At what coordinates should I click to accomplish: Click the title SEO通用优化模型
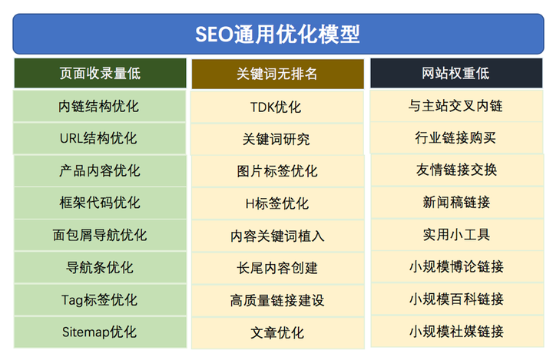276,35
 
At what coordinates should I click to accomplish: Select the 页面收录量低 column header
100,74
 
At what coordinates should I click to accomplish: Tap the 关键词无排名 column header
277,74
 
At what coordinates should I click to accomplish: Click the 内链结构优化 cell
100,106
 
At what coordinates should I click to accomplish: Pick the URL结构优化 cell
100,139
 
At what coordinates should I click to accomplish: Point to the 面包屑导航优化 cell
100,235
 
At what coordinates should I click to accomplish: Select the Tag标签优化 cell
100,299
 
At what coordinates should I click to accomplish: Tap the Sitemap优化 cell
100,332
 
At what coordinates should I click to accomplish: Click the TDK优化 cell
277,107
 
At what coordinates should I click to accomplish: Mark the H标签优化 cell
277,203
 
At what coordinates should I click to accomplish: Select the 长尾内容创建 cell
277,268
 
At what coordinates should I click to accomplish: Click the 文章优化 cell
277,332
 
